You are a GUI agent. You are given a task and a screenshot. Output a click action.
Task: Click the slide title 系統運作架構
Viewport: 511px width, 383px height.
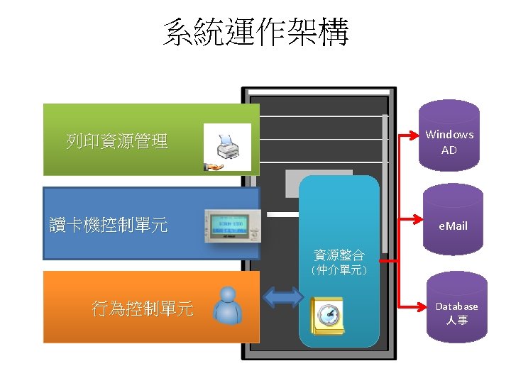[255, 33]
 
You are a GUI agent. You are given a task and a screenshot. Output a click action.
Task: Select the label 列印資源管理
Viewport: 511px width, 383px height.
[117, 141]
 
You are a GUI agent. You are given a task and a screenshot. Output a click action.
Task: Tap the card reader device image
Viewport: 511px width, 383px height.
[233, 225]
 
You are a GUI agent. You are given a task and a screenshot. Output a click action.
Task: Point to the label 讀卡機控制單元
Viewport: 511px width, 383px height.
[109, 226]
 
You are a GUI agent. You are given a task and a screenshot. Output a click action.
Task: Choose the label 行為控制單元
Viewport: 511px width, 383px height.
[143, 309]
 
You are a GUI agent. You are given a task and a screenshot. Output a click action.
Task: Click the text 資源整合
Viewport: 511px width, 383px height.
[339, 255]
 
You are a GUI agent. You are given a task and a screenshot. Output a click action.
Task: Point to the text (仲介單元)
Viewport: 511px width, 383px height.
[339, 270]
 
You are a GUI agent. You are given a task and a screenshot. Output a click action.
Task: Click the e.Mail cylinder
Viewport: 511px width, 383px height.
[453, 221]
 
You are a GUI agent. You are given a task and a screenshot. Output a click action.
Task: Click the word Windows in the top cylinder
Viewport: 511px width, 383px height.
[449, 134]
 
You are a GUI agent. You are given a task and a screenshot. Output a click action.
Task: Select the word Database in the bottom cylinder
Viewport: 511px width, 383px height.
[456, 306]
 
